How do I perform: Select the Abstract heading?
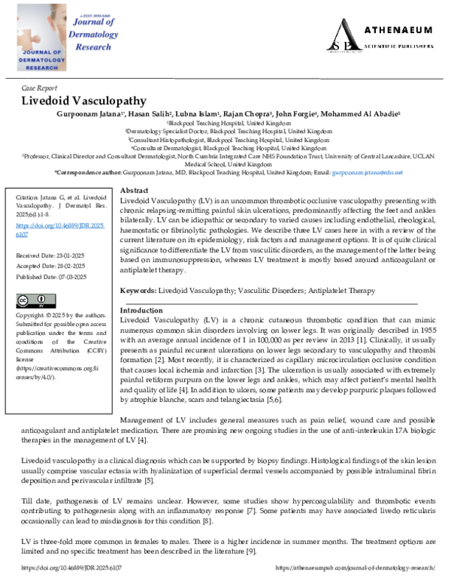tap(134, 191)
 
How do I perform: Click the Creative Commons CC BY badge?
tap(35, 301)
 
